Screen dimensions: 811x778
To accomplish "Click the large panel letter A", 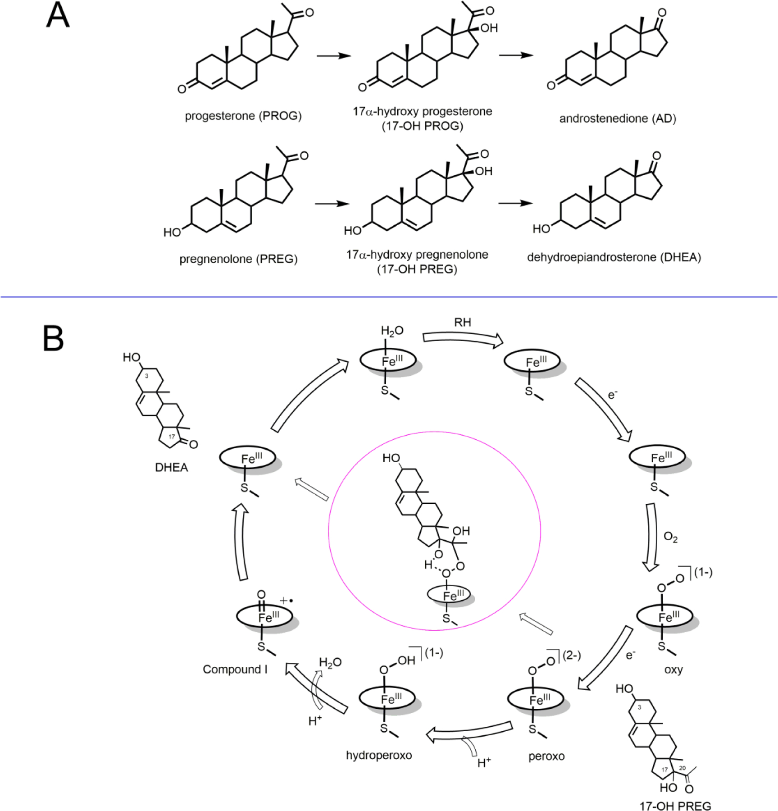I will [x=58, y=16].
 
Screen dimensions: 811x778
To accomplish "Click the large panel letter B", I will [x=53, y=338].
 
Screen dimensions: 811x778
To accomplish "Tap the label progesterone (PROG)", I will [x=243, y=116].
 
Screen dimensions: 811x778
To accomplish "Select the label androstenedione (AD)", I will [x=618, y=118].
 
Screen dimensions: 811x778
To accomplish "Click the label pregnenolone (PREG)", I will [x=238, y=259].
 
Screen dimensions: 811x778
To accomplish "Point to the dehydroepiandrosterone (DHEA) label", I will [x=614, y=257].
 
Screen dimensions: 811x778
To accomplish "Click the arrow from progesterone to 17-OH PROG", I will [x=333, y=56].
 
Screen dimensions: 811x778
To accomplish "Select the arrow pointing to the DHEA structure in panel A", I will [x=515, y=203].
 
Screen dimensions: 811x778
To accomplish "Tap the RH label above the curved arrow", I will [x=463, y=323].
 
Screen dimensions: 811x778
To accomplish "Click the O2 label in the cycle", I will [x=670, y=537].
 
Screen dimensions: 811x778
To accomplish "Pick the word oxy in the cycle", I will [x=673, y=669].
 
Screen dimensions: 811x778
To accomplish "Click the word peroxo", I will [x=546, y=756].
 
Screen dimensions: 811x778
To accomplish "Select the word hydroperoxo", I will [x=379, y=755].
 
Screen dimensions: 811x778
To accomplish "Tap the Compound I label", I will [x=235, y=670].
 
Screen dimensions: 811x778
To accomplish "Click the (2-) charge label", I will [x=572, y=655].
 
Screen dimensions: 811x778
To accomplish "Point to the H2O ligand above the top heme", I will [x=392, y=331].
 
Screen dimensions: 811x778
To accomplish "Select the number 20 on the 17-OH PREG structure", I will [x=682, y=768].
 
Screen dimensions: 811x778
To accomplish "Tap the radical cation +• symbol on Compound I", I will [x=287, y=601].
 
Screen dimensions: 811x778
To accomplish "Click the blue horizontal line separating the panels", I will [x=389, y=297].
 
